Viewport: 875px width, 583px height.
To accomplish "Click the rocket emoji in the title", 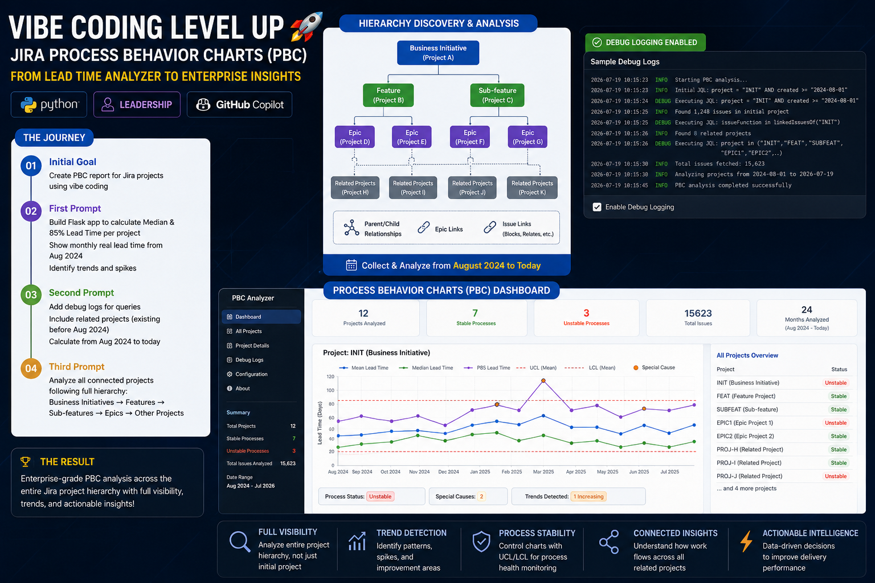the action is click(306, 27).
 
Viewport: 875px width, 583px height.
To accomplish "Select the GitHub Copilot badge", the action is click(239, 104).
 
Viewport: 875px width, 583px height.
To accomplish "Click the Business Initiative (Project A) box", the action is click(438, 53).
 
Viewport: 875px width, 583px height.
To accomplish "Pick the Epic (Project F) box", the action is click(470, 137).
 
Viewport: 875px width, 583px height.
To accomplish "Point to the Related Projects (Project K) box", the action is click(532, 187).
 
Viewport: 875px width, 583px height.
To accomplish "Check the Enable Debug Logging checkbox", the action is click(597, 207).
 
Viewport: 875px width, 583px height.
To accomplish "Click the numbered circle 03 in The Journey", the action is click(31, 294).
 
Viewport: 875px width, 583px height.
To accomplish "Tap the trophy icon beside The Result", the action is click(26, 462).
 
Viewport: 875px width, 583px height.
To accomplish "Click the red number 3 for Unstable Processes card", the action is click(586, 313).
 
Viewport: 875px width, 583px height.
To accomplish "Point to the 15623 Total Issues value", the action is click(698, 313).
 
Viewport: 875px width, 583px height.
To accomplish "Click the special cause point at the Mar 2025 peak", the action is click(543, 380).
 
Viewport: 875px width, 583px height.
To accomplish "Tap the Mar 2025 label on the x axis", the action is click(543, 472).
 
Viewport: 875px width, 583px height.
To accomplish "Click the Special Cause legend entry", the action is click(654, 367).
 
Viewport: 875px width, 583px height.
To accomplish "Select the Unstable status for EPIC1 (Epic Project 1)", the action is click(836, 422).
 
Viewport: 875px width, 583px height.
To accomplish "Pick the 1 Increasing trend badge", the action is click(588, 496).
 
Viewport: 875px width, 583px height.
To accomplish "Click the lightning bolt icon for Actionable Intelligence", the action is click(746, 541).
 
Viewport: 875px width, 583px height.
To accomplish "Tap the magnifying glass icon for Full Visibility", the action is click(239, 541).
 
